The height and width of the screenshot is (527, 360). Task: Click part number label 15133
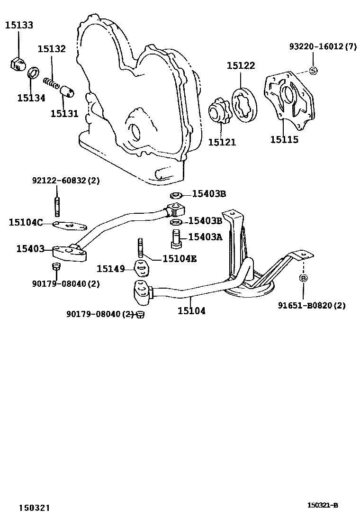click(19, 25)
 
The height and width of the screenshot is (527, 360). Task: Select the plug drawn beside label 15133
click(16, 64)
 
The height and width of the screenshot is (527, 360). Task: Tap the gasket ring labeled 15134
click(33, 74)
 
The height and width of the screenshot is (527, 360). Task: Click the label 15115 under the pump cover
click(284, 140)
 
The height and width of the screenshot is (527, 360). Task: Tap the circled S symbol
click(313, 70)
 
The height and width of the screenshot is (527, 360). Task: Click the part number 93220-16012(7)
click(323, 46)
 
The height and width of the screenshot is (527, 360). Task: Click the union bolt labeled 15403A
click(176, 237)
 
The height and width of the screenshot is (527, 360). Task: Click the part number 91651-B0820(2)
click(311, 306)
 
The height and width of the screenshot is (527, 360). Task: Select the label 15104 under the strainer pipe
click(191, 311)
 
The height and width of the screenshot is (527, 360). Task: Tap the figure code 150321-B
click(323, 506)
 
